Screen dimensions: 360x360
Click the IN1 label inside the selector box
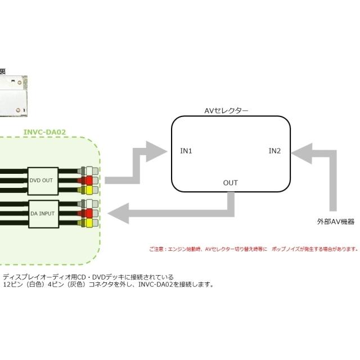(186, 151)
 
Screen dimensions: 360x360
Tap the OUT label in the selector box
(230, 183)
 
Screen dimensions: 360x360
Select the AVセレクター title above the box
(226, 111)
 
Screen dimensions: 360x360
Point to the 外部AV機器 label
(335, 222)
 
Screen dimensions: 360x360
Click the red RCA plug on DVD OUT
(89, 180)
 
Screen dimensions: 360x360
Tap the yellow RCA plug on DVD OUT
(89, 190)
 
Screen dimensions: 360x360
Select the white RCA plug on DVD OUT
(89, 170)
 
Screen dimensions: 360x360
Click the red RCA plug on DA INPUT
(89, 214)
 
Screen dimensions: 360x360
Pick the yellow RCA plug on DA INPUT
(89, 223)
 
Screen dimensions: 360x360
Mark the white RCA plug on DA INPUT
(89, 204)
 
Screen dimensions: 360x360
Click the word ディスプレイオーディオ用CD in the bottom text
(45, 277)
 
